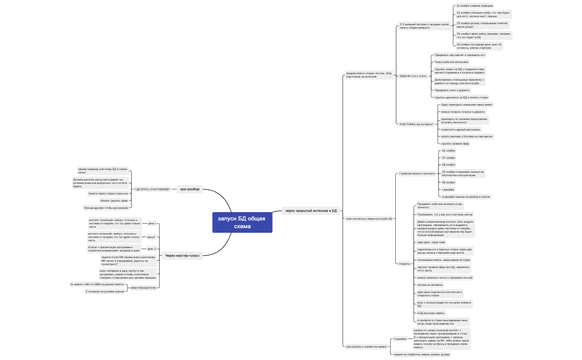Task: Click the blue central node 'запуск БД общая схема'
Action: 242,223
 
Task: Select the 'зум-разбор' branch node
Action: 190,189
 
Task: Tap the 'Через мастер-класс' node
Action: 182,255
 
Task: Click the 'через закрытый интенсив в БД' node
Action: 311,210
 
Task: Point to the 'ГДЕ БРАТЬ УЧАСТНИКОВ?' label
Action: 152,189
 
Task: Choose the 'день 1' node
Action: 151,223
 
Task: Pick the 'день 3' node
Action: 151,249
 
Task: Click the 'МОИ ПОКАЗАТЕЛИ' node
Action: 144,287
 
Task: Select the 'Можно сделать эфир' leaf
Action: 114,200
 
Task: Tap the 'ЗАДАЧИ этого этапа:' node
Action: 413,76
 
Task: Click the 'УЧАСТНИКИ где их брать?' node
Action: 416,124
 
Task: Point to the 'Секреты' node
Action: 405,263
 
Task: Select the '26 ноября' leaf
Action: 448,151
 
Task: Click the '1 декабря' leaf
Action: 448,189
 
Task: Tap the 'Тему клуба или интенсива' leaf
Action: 451,62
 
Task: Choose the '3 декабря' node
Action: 400,338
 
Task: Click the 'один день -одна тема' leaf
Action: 431,242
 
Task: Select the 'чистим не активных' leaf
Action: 431,284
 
